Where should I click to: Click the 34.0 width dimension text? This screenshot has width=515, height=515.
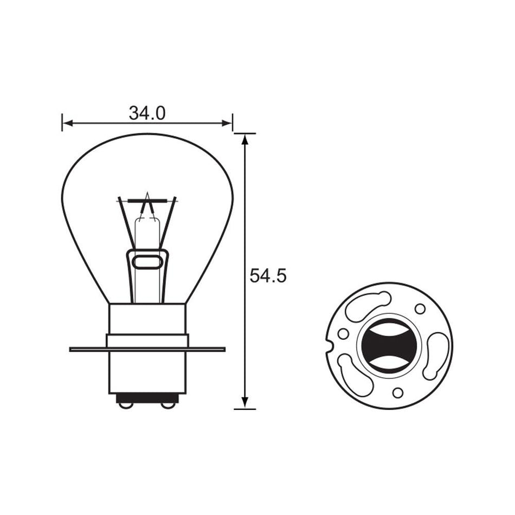pos(147,113)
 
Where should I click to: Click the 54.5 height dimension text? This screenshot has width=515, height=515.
pos(268,276)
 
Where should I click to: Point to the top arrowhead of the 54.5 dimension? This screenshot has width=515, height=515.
pos(245,139)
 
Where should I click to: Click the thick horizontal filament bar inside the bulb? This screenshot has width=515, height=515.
pos(147,201)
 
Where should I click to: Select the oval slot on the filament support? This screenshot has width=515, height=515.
pos(147,263)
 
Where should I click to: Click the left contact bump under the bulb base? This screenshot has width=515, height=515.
pos(125,404)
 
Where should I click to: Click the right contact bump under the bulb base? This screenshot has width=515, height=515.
pos(169,404)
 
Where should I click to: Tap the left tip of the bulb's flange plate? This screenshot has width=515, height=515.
pos(72,349)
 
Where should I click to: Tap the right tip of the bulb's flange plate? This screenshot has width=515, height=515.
pos(223,349)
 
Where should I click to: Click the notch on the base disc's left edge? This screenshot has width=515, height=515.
pos(328,343)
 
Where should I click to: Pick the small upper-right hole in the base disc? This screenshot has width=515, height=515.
pos(420,308)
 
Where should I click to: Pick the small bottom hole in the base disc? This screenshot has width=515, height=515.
pos(397,393)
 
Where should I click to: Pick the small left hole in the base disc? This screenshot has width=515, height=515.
pos(343,333)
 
